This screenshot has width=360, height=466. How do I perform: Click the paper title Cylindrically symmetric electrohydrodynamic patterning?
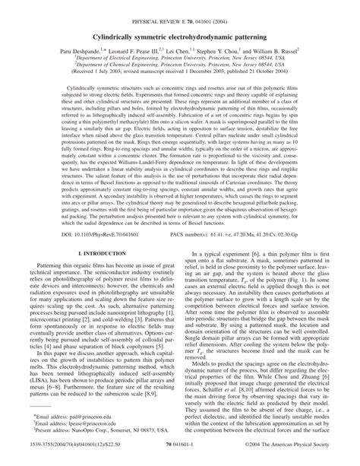tap(180, 37)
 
